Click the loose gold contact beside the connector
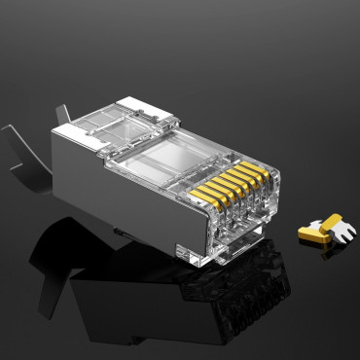tap(320, 230)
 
